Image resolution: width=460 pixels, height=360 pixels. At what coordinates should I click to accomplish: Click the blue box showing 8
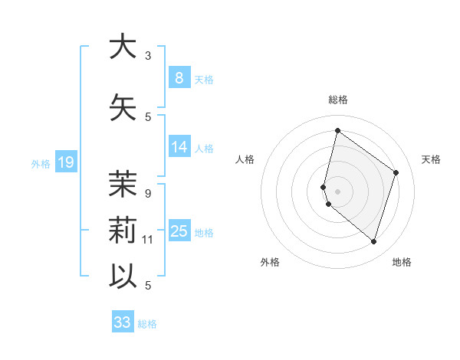click(179, 78)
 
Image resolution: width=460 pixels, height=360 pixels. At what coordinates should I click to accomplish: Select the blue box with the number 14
click(179, 148)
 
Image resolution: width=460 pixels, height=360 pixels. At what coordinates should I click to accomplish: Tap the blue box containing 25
click(179, 232)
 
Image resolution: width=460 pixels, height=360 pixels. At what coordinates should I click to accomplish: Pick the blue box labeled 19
click(65, 162)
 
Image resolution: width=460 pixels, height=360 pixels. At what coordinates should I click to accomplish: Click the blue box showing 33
click(123, 322)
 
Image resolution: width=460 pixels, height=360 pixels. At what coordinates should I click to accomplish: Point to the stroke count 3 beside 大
click(148, 56)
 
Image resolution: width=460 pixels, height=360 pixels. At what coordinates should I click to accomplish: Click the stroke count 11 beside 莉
click(148, 240)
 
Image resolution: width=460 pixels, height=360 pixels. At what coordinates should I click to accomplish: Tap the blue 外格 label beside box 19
click(41, 163)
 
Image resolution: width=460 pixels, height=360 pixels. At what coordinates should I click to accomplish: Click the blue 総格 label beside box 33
click(147, 324)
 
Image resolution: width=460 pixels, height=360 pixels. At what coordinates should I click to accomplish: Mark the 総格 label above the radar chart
click(338, 100)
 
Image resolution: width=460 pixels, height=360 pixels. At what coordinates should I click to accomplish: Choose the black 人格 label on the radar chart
click(245, 159)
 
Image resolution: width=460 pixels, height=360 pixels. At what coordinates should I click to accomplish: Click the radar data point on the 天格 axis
click(396, 172)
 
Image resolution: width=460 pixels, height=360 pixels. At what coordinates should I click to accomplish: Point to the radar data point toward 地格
click(373, 242)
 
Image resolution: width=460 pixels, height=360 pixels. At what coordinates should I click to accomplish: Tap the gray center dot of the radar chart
click(338, 191)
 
